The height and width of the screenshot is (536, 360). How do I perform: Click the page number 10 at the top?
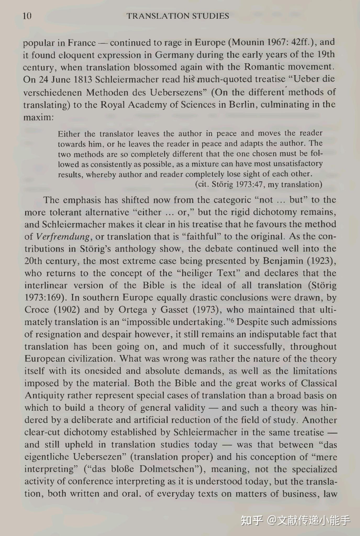[27, 16]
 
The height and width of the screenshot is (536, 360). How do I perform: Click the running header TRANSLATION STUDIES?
[178, 16]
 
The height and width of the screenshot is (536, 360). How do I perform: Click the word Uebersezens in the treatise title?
[178, 92]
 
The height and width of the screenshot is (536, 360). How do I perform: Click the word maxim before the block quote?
[38, 117]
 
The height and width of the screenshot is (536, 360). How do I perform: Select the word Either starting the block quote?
[69, 134]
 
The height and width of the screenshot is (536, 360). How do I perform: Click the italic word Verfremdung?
[63, 237]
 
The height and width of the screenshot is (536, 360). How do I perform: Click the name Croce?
[37, 310]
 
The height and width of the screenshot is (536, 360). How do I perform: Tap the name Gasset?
[174, 310]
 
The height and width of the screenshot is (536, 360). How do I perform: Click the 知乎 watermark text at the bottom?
[252, 521]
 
